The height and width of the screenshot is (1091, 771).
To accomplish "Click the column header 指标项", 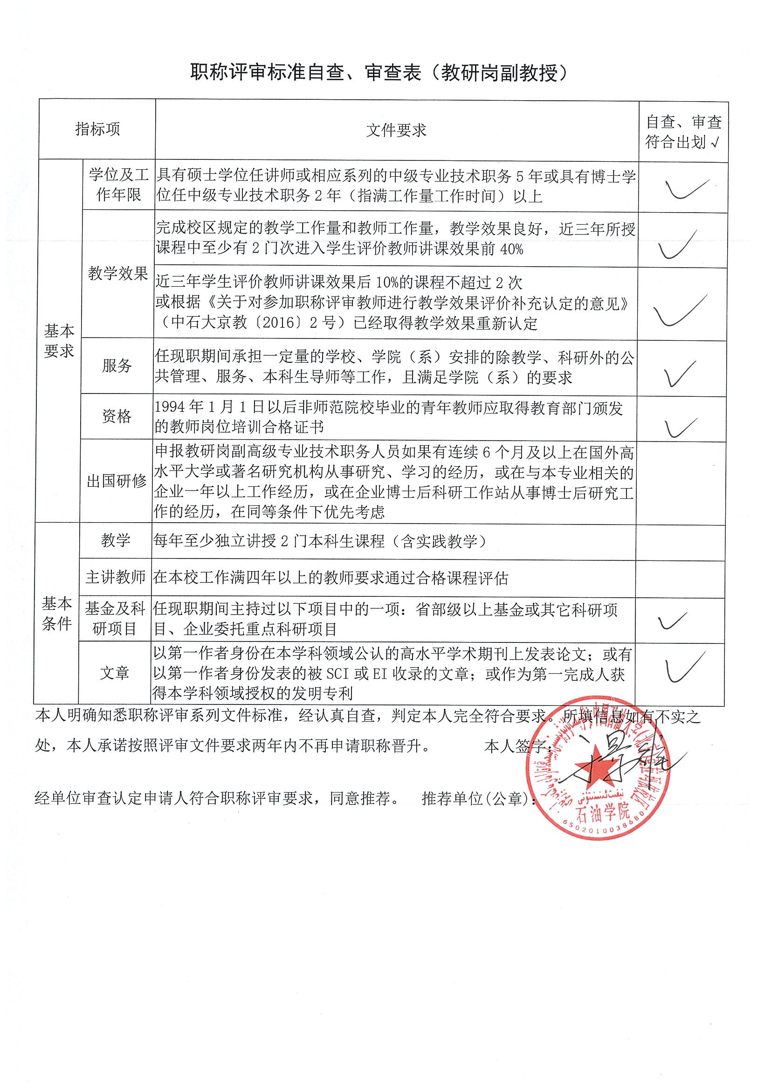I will [97, 129].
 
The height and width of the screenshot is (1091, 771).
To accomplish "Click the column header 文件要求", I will [396, 130].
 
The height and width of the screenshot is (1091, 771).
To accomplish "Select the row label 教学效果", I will [118, 274].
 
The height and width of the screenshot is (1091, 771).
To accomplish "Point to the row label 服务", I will [117, 366].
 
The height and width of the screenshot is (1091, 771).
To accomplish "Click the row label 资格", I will [117, 416].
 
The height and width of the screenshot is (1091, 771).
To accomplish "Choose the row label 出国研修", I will [117, 481].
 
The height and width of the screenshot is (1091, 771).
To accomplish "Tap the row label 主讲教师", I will [116, 577].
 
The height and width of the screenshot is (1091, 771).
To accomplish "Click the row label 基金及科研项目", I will [115, 618].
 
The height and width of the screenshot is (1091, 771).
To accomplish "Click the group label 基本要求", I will [59, 341].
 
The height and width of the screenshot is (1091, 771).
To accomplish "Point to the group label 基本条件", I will [56, 614].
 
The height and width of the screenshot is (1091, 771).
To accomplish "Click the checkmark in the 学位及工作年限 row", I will [687, 189].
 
